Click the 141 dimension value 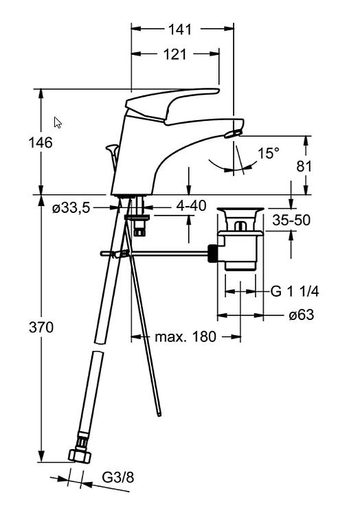(x=180, y=30)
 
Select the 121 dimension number (x=175, y=54)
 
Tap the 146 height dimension (x=41, y=143)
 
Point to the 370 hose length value (x=41, y=328)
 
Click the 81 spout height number (x=304, y=167)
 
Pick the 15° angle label (x=269, y=153)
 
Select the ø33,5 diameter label (x=71, y=208)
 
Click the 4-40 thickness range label (x=191, y=206)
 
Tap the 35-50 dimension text (x=291, y=220)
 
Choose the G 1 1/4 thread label (x=295, y=291)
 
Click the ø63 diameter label (x=302, y=314)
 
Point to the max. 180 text (x=185, y=336)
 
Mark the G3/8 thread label (x=118, y=477)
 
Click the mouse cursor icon (x=58, y=122)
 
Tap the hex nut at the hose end (x=80, y=456)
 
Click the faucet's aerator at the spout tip (x=233, y=133)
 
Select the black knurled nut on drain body (x=213, y=253)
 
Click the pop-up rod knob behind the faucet (x=112, y=149)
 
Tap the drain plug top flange (x=240, y=209)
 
